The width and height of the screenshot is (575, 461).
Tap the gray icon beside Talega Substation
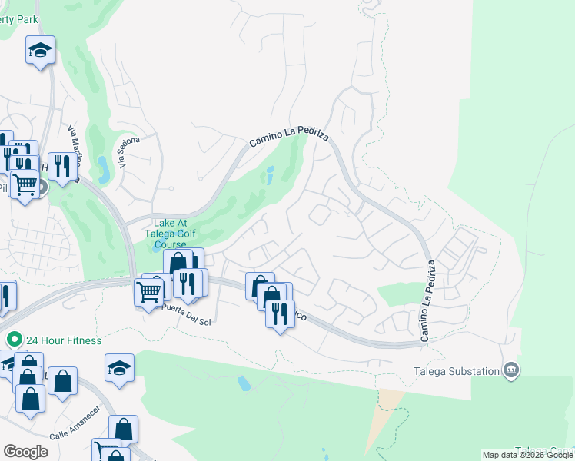click(x=511, y=371)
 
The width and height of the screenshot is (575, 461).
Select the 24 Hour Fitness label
click(x=64, y=340)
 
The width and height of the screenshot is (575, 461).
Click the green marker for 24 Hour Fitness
click(x=13, y=339)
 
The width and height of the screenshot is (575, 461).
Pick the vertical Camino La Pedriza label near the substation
click(x=427, y=300)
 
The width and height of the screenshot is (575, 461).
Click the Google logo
click(x=25, y=452)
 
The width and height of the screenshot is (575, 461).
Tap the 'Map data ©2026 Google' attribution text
click(x=527, y=455)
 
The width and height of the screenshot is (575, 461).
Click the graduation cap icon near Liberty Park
click(x=40, y=51)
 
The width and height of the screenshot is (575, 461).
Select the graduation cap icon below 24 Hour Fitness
click(x=119, y=370)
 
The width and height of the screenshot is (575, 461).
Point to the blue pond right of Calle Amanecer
click(x=244, y=383)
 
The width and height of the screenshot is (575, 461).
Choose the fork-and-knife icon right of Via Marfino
click(x=62, y=164)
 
